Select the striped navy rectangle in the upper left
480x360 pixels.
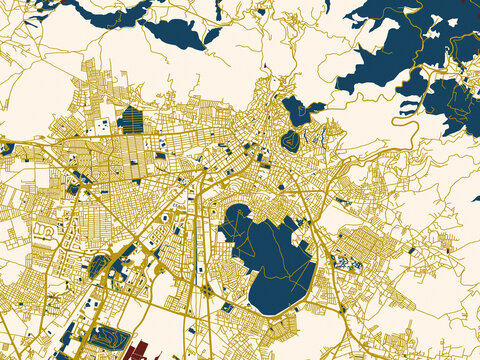[x=131, y=120]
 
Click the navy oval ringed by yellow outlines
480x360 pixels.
[x=290, y=141]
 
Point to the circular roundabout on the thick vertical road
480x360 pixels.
[x=205, y=290]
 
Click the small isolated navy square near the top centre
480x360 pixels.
[x=262, y=13]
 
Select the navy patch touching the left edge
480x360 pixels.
[x=6, y=150]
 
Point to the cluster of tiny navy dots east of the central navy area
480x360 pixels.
[x=348, y=263]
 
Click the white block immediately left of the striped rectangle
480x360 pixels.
[x=103, y=126]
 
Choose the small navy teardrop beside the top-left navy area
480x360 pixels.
[x=212, y=35]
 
